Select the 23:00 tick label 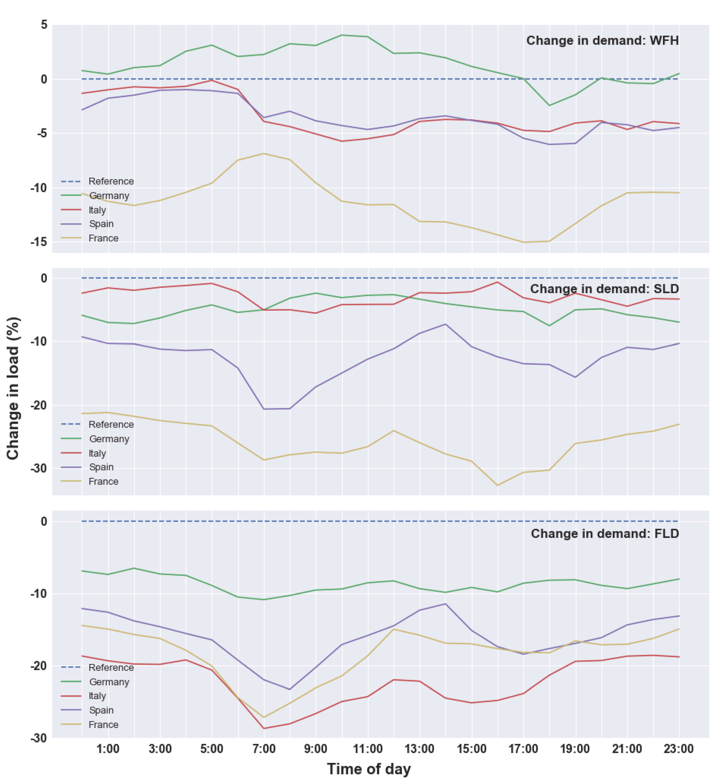pyautogui.click(x=679, y=749)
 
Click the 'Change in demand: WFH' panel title pyautogui.click(x=602, y=41)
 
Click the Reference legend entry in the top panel pyautogui.click(x=97, y=181)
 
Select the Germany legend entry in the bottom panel pyautogui.click(x=95, y=682)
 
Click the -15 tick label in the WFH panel pyautogui.click(x=39, y=242)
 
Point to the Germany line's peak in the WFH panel pyautogui.click(x=342, y=35)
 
